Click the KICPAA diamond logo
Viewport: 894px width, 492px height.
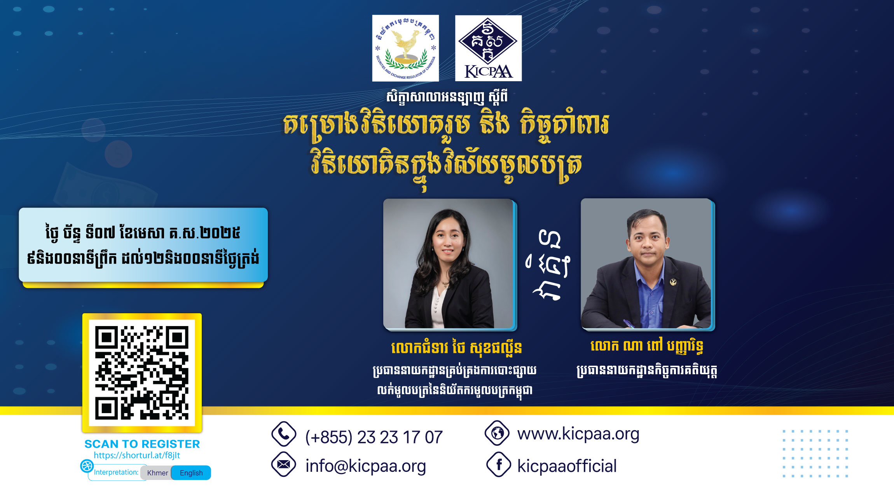(488, 48)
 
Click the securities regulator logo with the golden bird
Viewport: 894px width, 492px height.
(405, 48)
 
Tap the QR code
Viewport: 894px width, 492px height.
(142, 373)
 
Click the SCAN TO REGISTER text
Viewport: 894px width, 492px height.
(142, 444)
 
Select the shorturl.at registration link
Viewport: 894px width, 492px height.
(137, 455)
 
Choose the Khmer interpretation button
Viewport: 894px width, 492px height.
(157, 473)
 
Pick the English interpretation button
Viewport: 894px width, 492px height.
(191, 473)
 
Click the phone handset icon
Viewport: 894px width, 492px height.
(284, 434)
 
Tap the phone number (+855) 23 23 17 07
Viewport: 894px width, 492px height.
(374, 437)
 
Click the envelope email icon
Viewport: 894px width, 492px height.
(284, 464)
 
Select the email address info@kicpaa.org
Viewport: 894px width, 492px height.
(366, 466)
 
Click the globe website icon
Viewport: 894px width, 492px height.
(497, 433)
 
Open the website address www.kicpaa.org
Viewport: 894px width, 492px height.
(578, 434)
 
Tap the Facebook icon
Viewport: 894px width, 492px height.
(499, 464)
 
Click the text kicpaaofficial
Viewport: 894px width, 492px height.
(567, 466)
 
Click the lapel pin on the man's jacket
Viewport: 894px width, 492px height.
(673, 281)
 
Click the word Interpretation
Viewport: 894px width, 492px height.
(116, 472)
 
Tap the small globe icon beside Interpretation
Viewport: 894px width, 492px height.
(87, 466)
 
